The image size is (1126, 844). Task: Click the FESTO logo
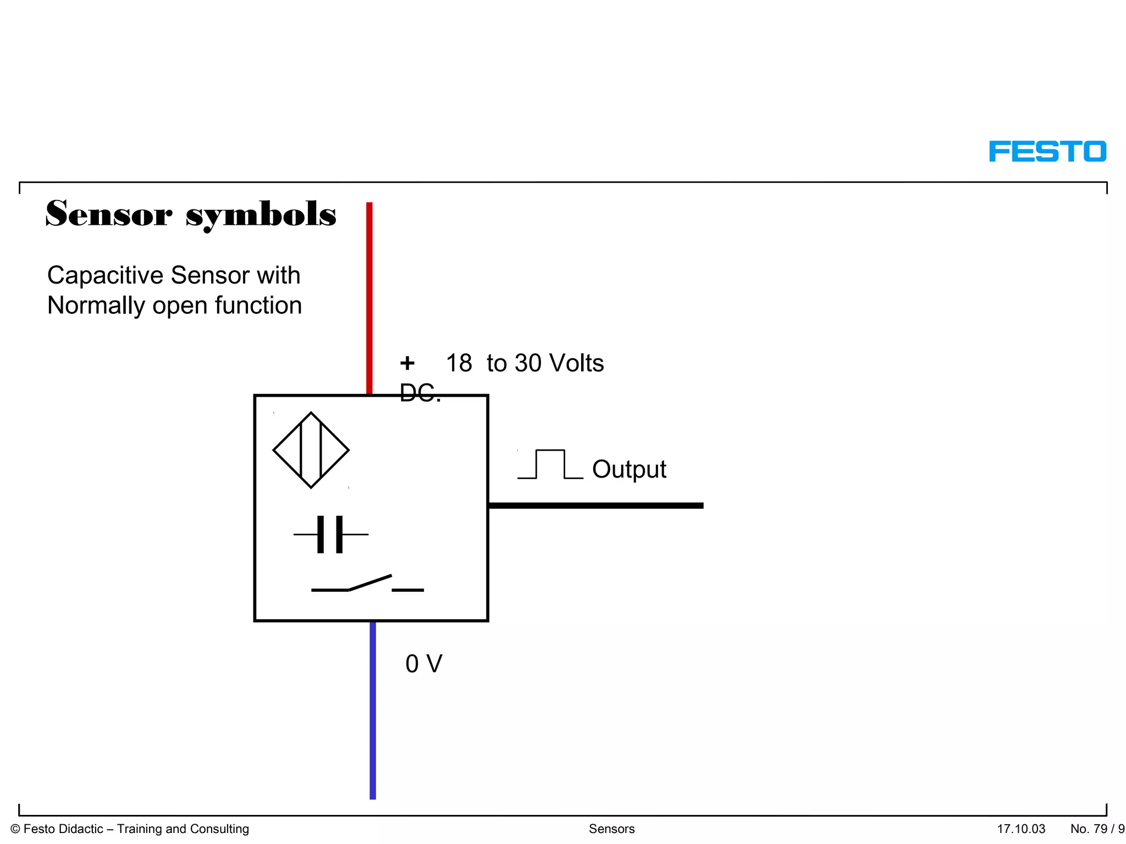click(1047, 152)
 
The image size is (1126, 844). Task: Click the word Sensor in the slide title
click(108, 214)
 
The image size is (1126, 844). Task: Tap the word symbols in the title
click(261, 215)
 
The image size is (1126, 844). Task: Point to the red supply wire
click(369, 297)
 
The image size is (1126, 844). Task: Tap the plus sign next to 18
click(407, 363)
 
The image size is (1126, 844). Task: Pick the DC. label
click(420, 393)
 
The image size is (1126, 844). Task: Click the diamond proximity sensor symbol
click(311, 450)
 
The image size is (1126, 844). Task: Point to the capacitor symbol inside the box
click(330, 534)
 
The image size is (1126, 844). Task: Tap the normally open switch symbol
click(367, 584)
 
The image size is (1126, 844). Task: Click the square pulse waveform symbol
click(550, 465)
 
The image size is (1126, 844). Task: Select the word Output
click(629, 469)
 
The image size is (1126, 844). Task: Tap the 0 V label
click(423, 664)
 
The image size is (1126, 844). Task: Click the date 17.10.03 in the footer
click(1021, 829)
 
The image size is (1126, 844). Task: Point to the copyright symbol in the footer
click(15, 829)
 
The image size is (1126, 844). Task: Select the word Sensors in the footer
click(611, 829)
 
